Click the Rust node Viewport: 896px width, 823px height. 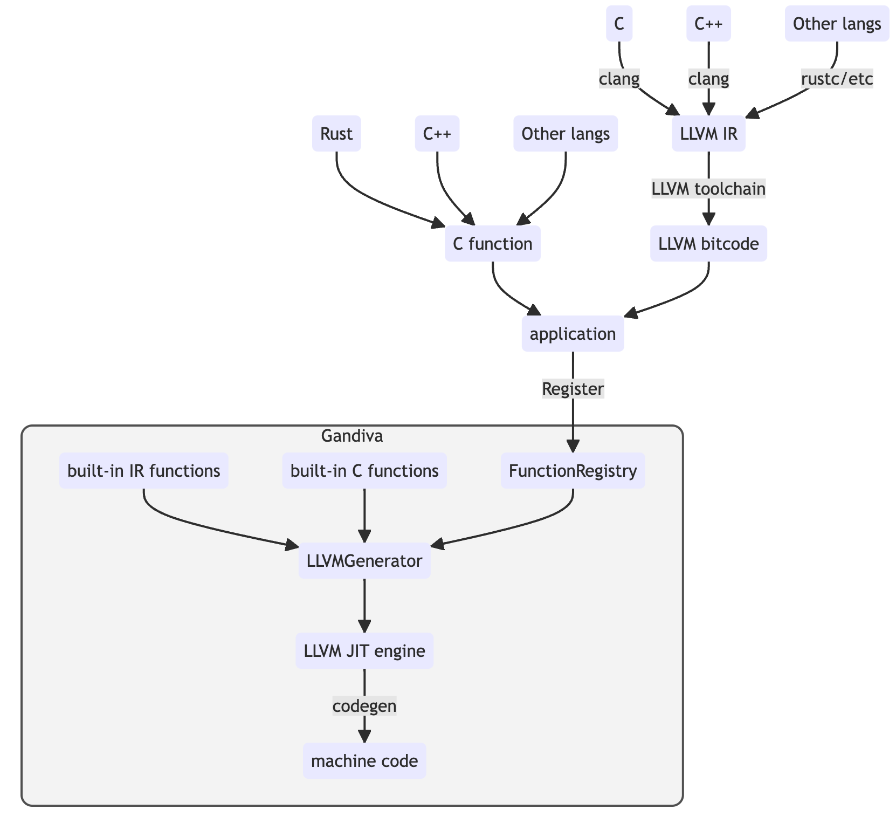336,134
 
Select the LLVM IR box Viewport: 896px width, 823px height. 708,134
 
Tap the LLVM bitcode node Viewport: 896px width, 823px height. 708,244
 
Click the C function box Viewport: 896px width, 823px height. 492,244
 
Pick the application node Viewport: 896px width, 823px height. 573,334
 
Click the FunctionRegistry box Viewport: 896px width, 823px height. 573,471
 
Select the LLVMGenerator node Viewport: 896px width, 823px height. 364,561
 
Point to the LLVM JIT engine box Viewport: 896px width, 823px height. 364,651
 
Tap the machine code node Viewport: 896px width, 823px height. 364,761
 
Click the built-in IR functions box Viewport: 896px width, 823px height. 143,471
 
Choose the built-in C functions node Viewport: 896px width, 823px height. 364,471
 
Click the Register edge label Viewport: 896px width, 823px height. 573,389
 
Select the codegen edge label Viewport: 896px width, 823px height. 364,706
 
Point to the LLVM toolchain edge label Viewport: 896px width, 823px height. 708,189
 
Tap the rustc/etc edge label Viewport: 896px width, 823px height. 837,79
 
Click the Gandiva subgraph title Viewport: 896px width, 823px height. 352,436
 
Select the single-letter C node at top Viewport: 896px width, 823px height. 619,24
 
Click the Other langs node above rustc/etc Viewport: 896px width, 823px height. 837,24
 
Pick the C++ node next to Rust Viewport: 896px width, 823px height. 437,134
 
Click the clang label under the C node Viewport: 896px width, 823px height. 619,79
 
